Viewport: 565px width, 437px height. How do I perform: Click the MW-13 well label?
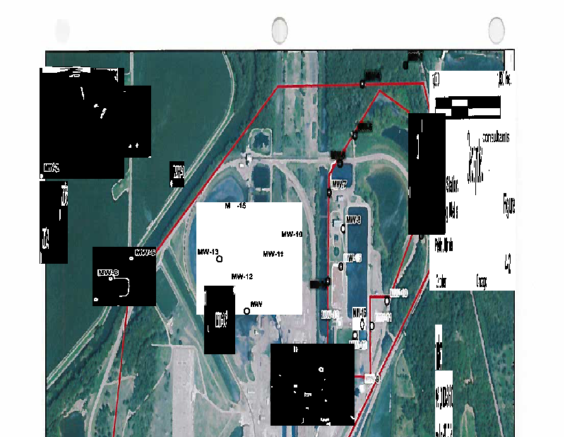[208, 252]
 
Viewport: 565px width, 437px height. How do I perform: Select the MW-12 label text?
[242, 276]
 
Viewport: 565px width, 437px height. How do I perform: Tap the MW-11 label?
[273, 254]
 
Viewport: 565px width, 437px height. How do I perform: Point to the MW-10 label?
[292, 234]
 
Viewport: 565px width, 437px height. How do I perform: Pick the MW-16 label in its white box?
[359, 312]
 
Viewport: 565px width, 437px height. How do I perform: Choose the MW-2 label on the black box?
[51, 168]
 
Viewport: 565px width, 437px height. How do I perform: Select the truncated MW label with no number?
[256, 303]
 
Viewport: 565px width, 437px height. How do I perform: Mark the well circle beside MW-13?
[219, 260]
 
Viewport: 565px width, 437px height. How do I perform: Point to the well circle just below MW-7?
[329, 192]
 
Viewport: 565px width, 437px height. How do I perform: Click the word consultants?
[496, 137]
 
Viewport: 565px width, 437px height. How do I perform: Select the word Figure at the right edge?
[509, 205]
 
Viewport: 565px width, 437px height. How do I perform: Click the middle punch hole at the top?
[280, 30]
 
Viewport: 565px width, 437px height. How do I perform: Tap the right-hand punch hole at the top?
[496, 30]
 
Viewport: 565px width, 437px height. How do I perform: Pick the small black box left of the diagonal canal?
[177, 171]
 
